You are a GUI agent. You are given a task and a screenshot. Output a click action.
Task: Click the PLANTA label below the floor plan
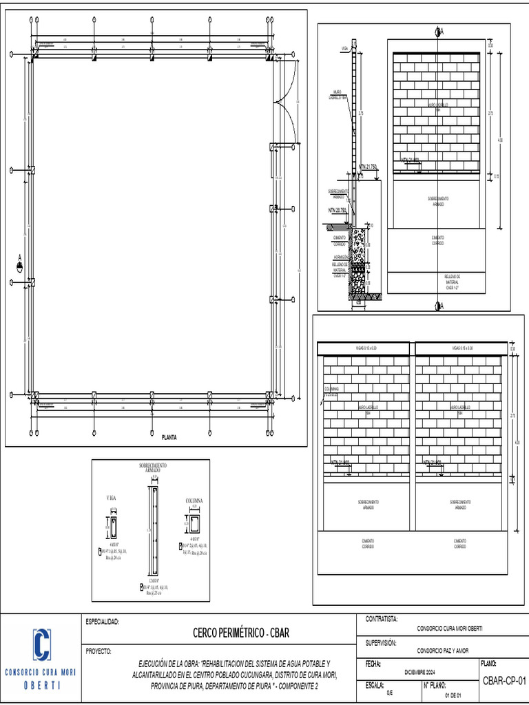coord(169,436)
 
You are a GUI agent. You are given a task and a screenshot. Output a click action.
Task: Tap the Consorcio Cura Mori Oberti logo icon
coord(41,644)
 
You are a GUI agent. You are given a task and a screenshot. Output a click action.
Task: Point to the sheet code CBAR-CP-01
coord(504,681)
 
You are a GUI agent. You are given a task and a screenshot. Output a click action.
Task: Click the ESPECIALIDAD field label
coord(103,622)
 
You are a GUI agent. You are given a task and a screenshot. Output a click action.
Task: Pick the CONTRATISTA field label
coord(382,620)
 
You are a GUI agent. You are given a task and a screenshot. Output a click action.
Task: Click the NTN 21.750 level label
coord(368,167)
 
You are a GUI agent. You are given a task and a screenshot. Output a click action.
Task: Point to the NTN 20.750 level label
coord(338,211)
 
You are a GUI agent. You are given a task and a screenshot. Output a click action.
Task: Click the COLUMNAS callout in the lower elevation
coord(331,391)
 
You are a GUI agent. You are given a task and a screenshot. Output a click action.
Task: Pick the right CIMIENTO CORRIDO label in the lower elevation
coord(459,544)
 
